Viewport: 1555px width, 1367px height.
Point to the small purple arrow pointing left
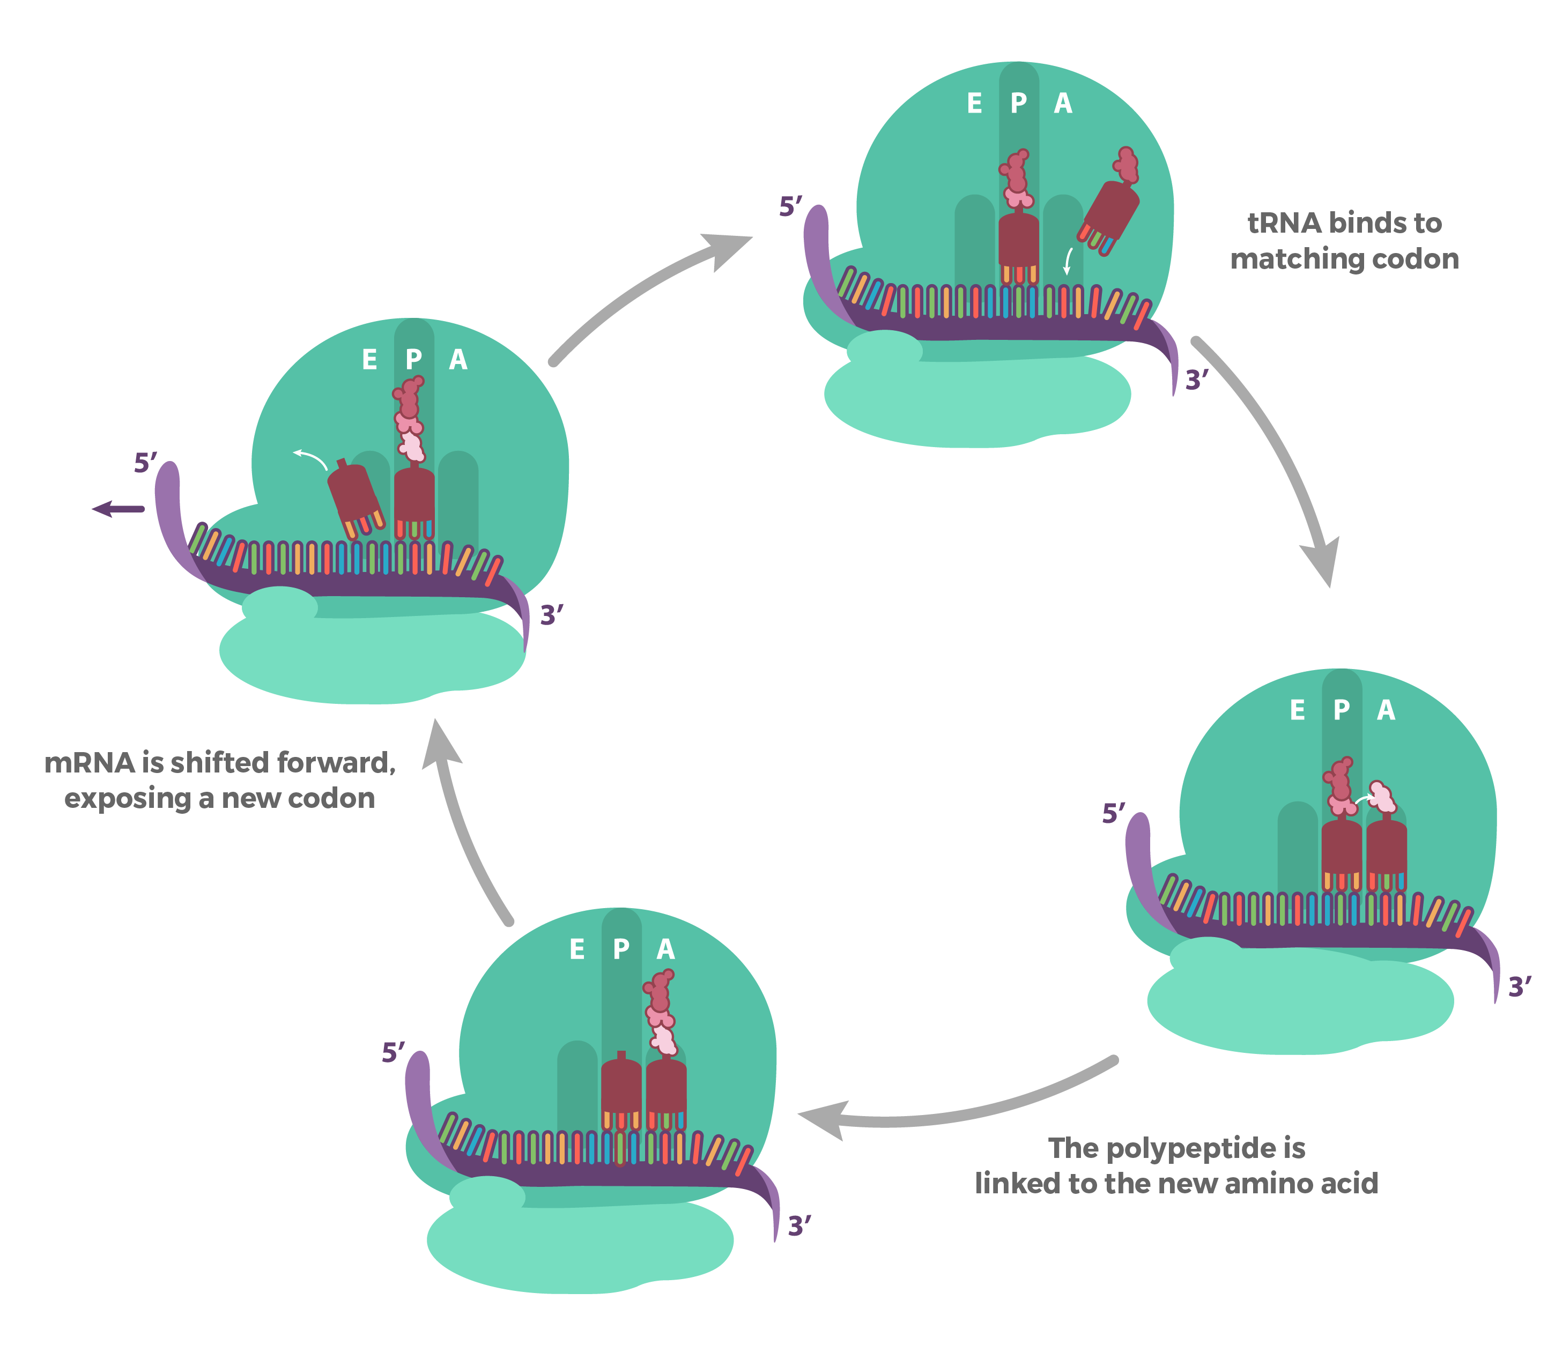coord(118,509)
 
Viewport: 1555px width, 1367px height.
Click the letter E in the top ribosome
coord(974,103)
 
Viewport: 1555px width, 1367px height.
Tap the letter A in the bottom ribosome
coord(665,949)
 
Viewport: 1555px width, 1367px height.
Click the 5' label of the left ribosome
coord(145,463)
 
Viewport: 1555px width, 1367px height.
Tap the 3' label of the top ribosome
coord(1196,379)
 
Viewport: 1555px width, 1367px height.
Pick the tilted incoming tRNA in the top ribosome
coord(1109,213)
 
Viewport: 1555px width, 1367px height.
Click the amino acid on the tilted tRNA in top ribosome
coord(1127,165)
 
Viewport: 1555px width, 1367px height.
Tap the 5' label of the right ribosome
coord(1113,813)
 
